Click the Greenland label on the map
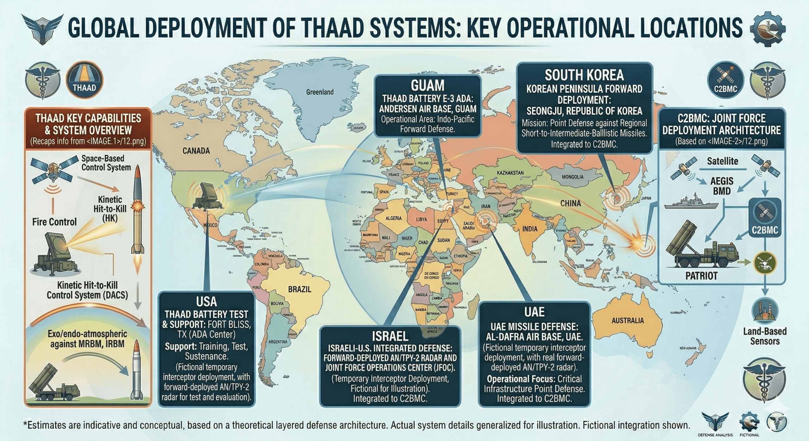click(x=319, y=92)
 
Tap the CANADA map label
click(x=196, y=151)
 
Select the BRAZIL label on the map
click(x=300, y=289)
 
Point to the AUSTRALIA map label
click(x=627, y=321)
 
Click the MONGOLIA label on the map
click(x=572, y=177)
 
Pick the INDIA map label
click(x=530, y=229)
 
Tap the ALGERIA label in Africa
click(x=393, y=218)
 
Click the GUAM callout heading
click(x=428, y=86)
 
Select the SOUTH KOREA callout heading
click(x=584, y=75)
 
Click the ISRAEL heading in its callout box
click(x=390, y=336)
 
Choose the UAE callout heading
click(x=534, y=312)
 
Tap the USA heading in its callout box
click(x=206, y=302)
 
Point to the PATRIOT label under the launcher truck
click(x=701, y=276)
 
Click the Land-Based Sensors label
click(x=764, y=336)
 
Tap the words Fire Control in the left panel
click(x=54, y=222)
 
